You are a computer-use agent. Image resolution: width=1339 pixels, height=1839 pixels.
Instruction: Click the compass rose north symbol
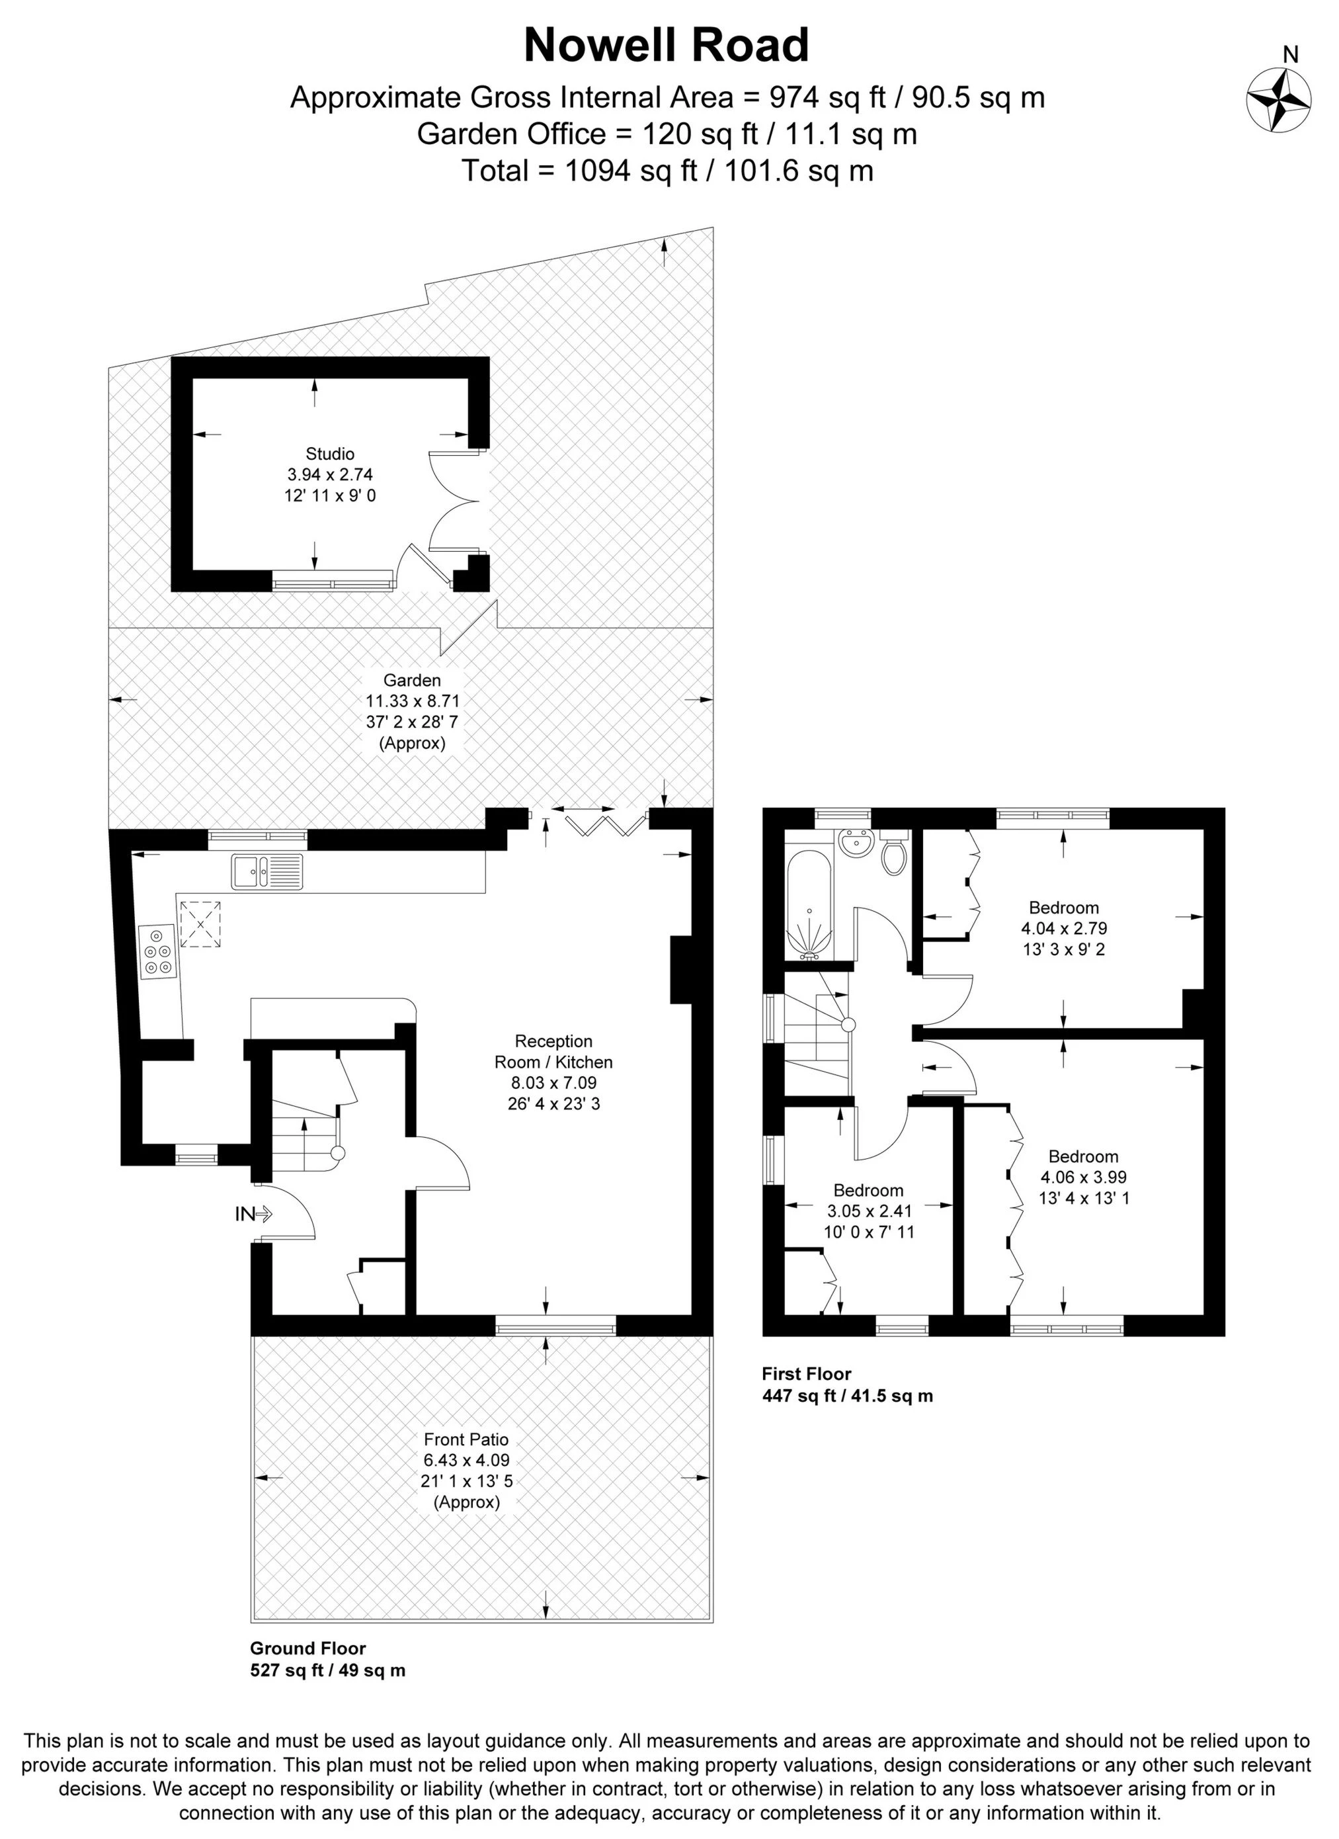1278,100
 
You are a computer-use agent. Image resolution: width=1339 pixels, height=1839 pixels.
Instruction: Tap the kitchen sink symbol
266,872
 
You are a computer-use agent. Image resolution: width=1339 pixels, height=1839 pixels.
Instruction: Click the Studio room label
330,454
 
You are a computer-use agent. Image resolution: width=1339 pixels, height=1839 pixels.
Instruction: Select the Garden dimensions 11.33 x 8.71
413,701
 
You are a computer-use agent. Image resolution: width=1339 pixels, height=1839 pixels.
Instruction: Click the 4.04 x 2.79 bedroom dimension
1063,928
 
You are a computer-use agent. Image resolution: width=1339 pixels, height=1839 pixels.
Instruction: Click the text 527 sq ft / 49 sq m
328,1670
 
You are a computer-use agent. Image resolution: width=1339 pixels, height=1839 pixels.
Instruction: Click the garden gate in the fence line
467,629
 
